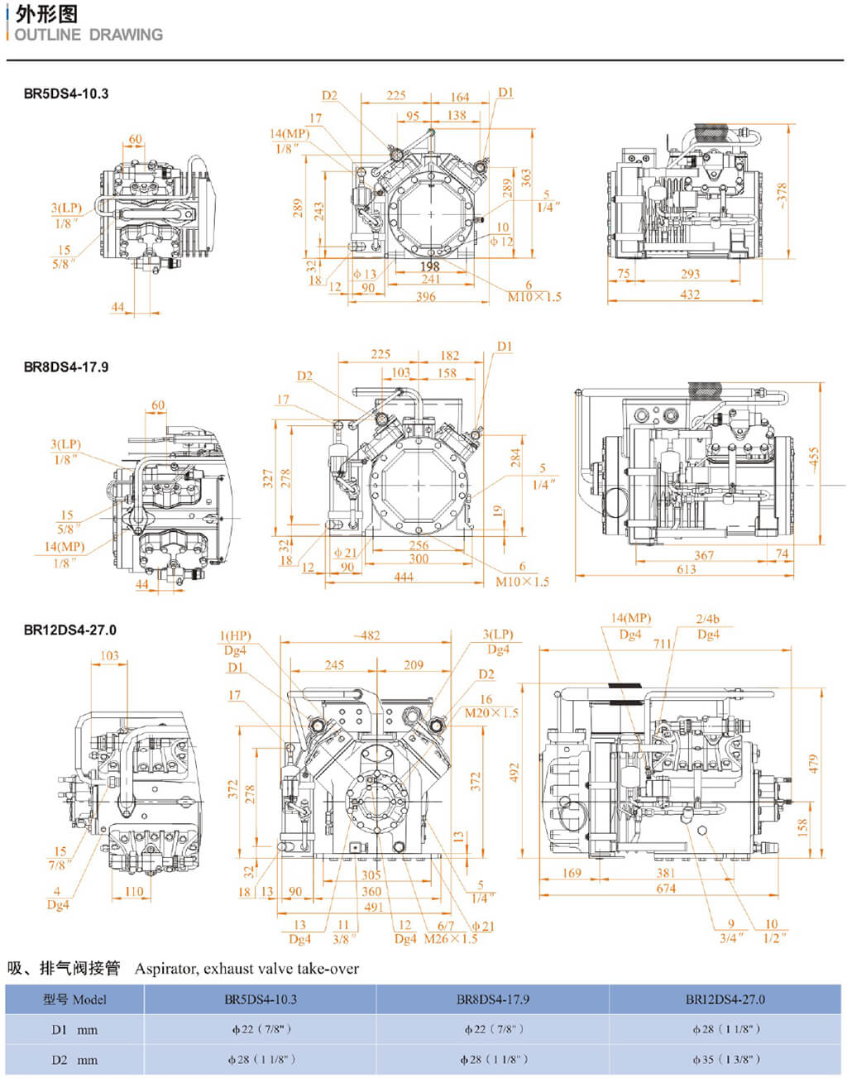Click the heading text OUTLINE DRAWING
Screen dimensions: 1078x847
pos(89,35)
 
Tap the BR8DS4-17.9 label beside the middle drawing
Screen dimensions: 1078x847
pos(65,367)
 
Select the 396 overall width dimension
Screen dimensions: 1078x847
pos(425,296)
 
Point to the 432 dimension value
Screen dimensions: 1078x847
pos(689,294)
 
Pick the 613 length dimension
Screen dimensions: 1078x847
pos(686,569)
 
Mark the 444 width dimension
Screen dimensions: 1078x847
pos(404,577)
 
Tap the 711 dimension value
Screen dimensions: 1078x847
pos(663,643)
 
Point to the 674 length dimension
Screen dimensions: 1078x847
pos(666,889)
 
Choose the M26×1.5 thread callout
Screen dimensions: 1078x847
pos(450,939)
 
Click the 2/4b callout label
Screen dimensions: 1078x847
pos(708,619)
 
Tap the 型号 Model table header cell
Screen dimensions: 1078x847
pos(74,999)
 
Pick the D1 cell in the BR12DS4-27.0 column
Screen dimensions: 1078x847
pos(725,1030)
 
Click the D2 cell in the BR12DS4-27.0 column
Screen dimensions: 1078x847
pos(725,1060)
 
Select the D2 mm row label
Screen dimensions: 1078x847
pos(74,1060)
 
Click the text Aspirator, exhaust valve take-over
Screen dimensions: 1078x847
pos(246,968)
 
